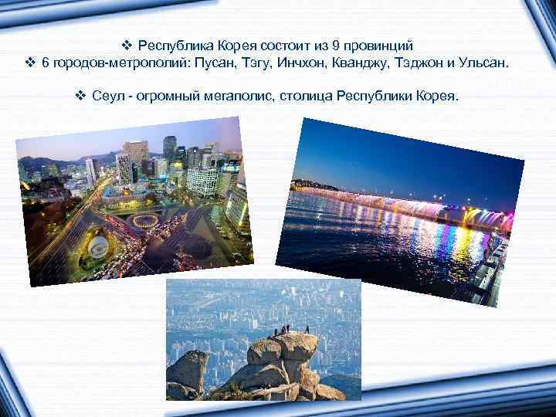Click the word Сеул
[105, 97]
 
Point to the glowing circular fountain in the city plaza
[145, 220]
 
